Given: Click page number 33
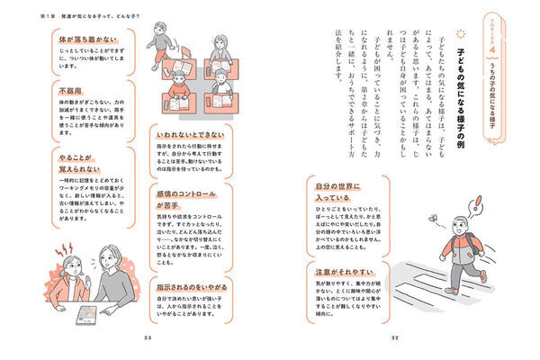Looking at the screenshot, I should [148, 337].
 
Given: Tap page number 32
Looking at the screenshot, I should [393, 337].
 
